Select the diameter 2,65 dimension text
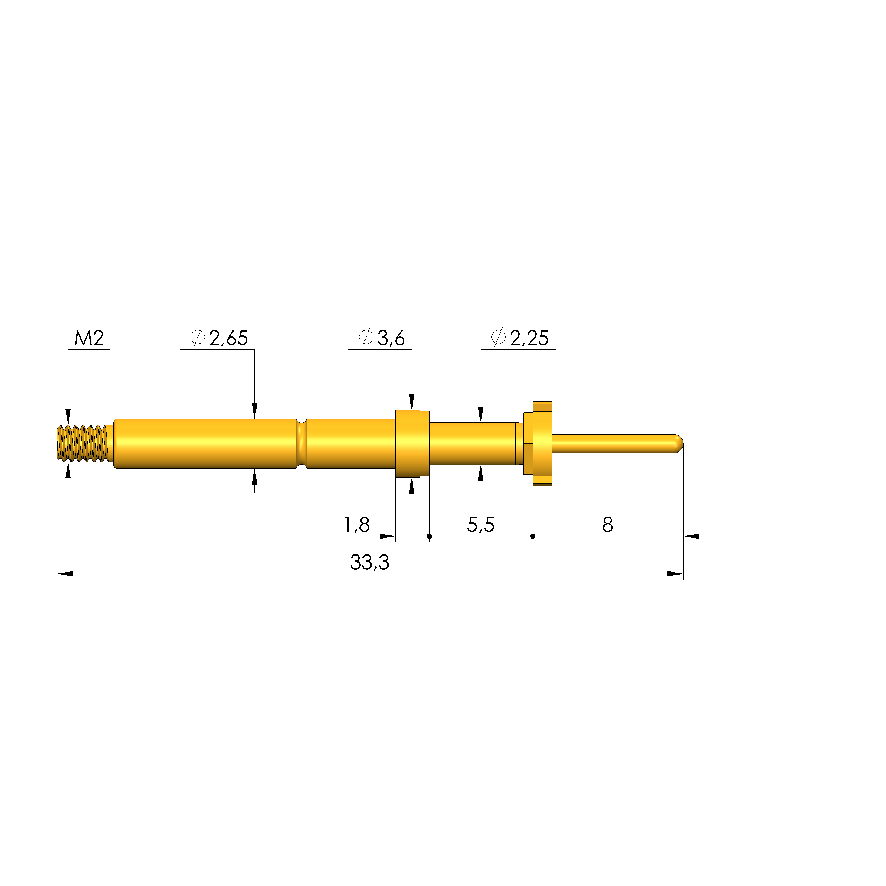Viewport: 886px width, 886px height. (219, 338)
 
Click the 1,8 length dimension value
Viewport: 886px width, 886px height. (357, 525)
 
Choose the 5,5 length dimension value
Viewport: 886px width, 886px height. (481, 525)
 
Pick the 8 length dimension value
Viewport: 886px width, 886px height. (608, 525)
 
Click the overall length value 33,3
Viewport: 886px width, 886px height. (370, 562)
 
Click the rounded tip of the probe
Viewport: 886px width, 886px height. (678, 443)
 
